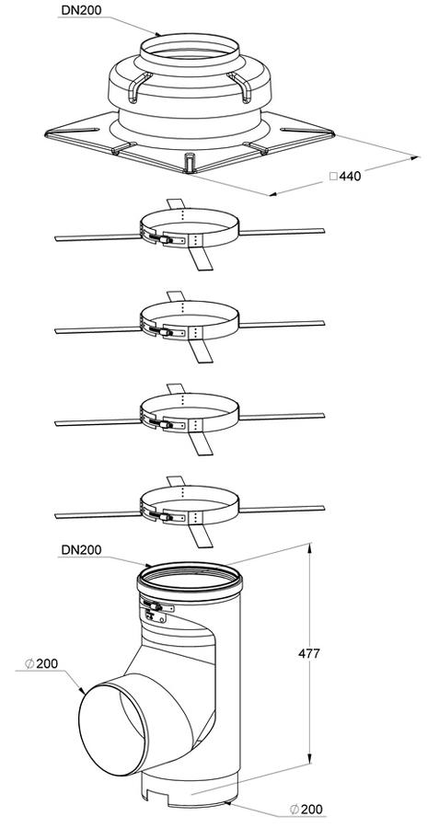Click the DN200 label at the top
(81, 9)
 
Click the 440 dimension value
(351, 177)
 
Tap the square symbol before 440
(333, 176)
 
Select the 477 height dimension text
(309, 653)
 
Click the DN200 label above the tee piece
(81, 550)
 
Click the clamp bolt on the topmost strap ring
(162, 239)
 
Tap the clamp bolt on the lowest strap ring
(162, 516)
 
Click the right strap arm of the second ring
(282, 324)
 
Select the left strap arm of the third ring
(98, 422)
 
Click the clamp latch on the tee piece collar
(156, 607)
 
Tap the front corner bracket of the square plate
(190, 163)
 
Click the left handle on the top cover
(138, 86)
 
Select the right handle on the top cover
(239, 86)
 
